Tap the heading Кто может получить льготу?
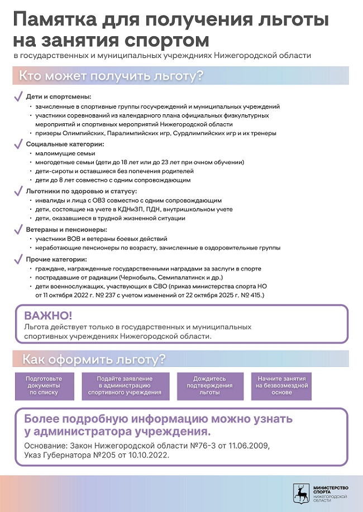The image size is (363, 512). tap(111, 75)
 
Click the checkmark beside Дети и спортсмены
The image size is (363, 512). tap(18, 96)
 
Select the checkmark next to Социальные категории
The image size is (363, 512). tap(18, 143)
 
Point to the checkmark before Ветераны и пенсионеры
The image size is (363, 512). tap(18, 230)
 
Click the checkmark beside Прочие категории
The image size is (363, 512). tap(18, 259)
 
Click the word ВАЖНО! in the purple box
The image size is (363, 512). tap(48, 315)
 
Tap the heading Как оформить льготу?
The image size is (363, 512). tap(93, 359)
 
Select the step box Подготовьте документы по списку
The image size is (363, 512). tap(44, 385)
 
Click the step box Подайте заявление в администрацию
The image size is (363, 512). tap(125, 385)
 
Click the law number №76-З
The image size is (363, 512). tap(220, 446)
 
